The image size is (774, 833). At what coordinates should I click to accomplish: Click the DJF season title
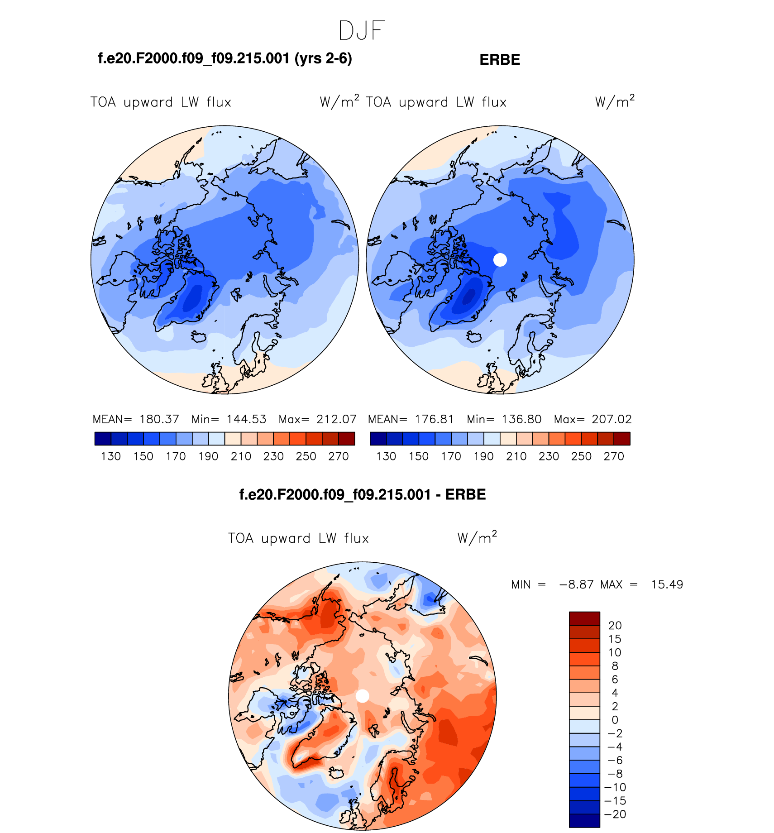(361, 31)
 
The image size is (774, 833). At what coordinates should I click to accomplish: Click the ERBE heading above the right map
(500, 60)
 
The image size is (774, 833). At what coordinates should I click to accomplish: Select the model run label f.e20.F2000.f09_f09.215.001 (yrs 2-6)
(225, 58)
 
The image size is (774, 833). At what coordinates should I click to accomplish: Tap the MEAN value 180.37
(159, 419)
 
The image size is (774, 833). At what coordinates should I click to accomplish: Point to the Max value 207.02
(612, 419)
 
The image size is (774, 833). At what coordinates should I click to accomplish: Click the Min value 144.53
(246, 419)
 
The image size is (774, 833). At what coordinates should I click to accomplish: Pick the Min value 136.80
(521, 419)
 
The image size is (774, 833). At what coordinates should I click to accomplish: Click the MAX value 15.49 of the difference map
(667, 584)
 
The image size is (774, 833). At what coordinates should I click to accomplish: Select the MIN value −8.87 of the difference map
(576, 584)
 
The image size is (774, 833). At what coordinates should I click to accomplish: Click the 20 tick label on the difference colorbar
(615, 625)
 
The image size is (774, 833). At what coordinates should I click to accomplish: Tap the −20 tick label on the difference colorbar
(615, 814)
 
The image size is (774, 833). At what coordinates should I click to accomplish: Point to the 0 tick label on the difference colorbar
(615, 720)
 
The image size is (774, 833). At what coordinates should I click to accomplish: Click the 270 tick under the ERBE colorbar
(614, 456)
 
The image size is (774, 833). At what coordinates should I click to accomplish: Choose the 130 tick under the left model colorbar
(111, 456)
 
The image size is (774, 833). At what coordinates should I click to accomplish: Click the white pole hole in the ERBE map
(500, 260)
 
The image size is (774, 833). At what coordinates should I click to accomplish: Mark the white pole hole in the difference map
(363, 696)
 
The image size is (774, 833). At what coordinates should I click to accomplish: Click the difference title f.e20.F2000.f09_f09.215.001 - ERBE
(362, 494)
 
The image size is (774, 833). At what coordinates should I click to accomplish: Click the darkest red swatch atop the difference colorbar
(584, 618)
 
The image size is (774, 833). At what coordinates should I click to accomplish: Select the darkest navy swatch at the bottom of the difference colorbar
(584, 821)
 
